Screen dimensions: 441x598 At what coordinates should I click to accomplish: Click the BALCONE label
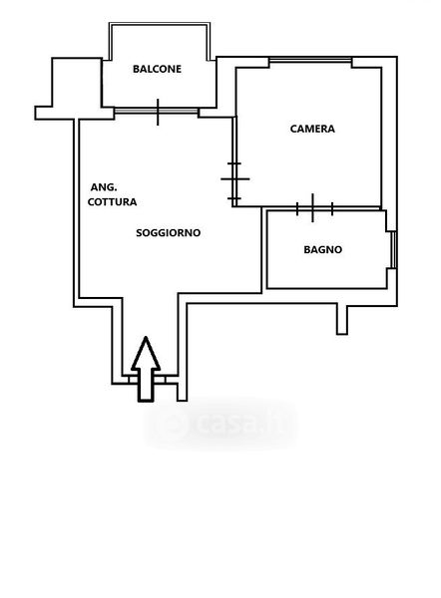tap(157, 69)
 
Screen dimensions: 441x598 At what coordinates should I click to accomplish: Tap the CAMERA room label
tap(312, 129)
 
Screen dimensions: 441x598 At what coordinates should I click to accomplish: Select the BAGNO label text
tap(323, 250)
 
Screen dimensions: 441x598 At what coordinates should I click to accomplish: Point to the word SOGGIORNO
tap(169, 232)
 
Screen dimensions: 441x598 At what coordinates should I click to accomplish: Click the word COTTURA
tap(113, 202)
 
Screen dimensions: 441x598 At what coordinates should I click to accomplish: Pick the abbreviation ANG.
tap(104, 187)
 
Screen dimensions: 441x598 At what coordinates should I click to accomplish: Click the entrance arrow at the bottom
tap(146, 369)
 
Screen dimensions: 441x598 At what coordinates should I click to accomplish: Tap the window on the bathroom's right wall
tap(394, 250)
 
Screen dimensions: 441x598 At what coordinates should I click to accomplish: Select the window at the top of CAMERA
tap(310, 60)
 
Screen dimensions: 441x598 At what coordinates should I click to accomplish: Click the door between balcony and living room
tap(157, 111)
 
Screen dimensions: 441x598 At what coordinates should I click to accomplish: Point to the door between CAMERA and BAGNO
tap(313, 208)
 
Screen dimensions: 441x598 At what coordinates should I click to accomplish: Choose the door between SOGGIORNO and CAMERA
tap(234, 179)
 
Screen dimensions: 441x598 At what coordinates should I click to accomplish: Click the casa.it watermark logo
tap(220, 424)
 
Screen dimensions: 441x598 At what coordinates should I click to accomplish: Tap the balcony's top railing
tap(160, 24)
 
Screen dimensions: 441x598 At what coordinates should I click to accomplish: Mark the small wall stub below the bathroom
tap(342, 319)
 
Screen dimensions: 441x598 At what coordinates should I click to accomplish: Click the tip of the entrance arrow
tap(146, 337)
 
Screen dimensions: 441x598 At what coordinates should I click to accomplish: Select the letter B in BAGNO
tap(307, 250)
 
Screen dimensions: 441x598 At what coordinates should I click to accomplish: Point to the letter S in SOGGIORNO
tap(140, 232)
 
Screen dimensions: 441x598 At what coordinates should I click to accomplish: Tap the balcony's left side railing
tap(111, 42)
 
